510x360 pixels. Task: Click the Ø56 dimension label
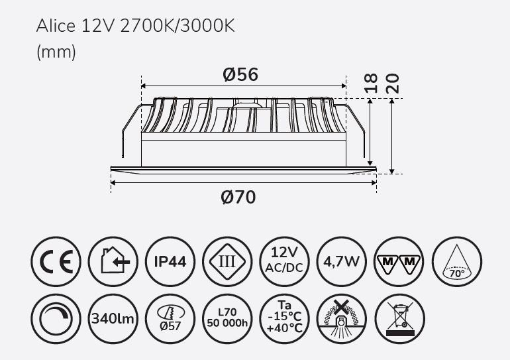coord(240,74)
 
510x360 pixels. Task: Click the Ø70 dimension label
coord(238,198)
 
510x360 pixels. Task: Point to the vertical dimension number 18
coord(371,84)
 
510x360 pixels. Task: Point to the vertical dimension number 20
coord(392,84)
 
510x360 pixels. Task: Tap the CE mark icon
coord(56,261)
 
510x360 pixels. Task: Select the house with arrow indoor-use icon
coord(113,261)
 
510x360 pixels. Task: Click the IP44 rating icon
coord(170,261)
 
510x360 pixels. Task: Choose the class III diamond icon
coord(227,261)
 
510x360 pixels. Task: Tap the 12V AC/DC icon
coord(285,261)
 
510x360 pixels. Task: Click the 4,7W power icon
coord(342,261)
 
